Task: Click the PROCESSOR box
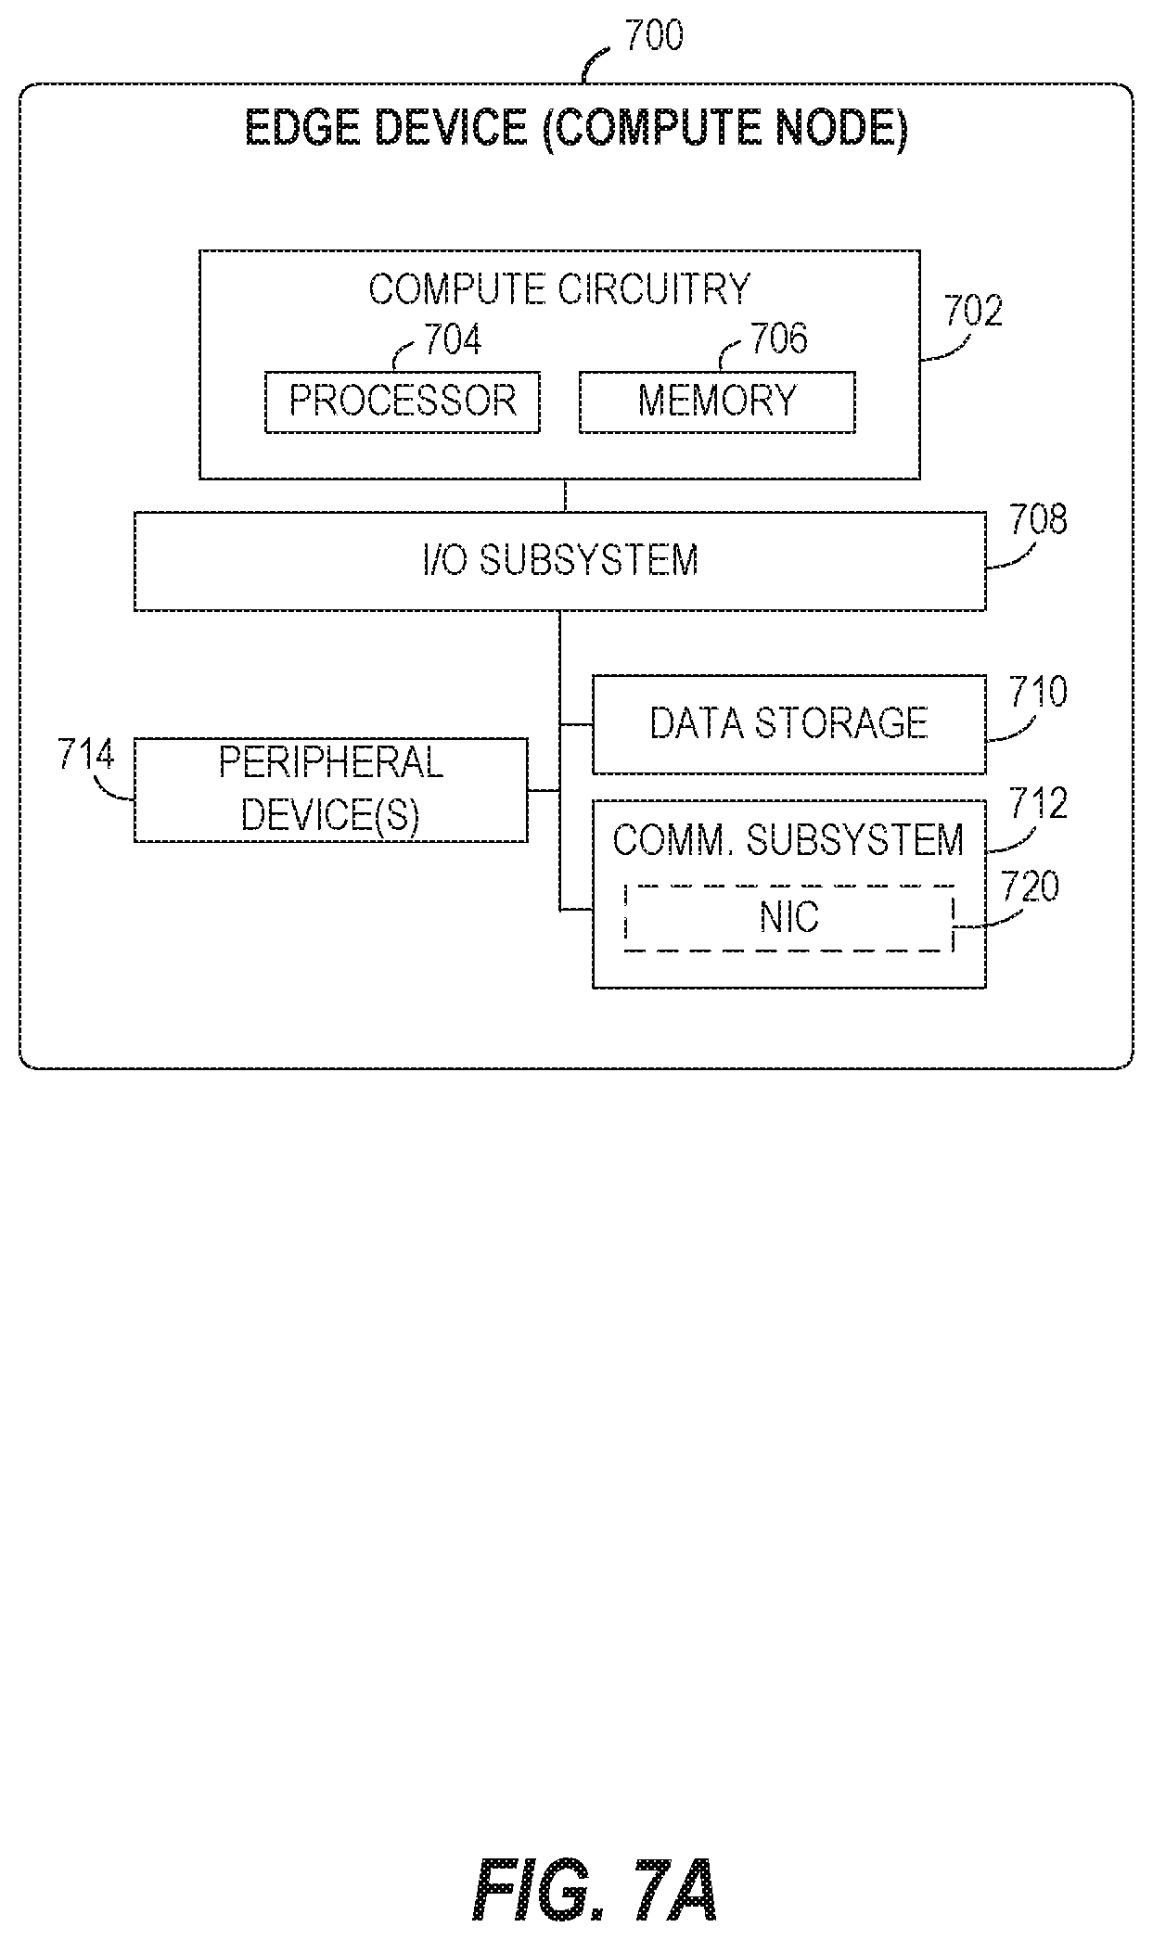click(402, 402)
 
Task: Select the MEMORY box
click(717, 402)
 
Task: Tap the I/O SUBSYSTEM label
click(559, 560)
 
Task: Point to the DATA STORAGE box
click(788, 724)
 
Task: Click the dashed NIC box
click(788, 917)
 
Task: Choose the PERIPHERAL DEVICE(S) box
click(330, 790)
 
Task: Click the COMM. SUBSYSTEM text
click(788, 839)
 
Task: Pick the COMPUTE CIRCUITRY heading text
click(559, 289)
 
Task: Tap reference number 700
click(653, 35)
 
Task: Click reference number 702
click(973, 312)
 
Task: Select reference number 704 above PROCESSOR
click(453, 340)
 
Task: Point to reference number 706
click(779, 339)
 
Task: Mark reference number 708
click(1038, 519)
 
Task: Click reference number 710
click(1038, 692)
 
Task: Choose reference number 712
click(1038, 803)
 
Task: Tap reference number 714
click(86, 755)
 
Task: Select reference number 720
click(1030, 887)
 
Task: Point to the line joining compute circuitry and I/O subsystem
click(565, 495)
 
